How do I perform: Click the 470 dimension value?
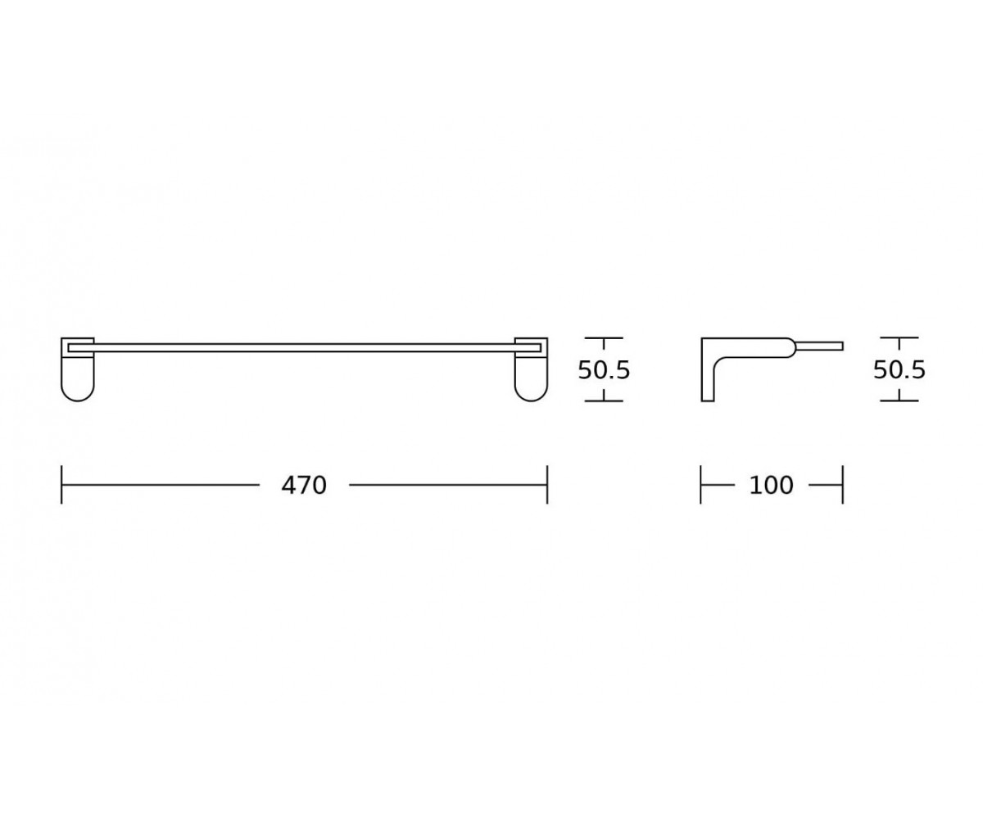[304, 486]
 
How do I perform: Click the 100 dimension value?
[771, 486]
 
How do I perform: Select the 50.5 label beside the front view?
[604, 370]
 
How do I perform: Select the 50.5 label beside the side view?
[899, 370]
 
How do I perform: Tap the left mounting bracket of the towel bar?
[78, 369]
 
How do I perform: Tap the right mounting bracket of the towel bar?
[531, 369]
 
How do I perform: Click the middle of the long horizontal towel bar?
[304, 348]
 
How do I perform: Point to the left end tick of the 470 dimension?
[61, 485]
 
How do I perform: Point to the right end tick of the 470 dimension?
[547, 485]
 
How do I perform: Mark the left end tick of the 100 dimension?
[701, 485]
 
